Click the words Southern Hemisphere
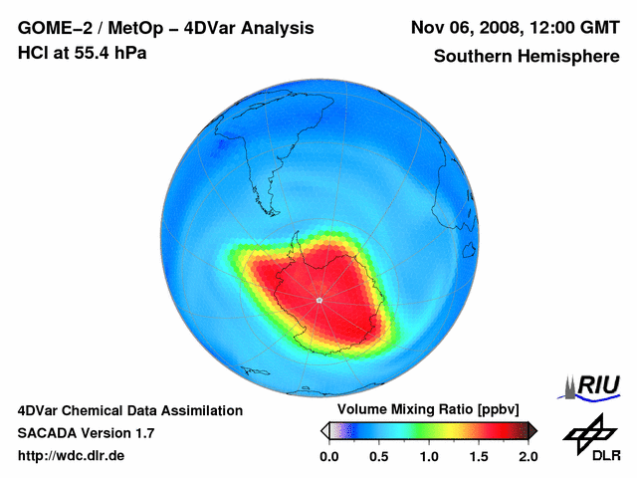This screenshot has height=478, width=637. point(527,56)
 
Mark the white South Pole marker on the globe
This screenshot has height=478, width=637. point(319,299)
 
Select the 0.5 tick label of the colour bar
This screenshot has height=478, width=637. point(378,457)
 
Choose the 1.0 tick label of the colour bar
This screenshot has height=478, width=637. point(428,457)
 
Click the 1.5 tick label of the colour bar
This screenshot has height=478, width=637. point(478,457)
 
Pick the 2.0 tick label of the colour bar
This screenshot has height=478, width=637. point(528,457)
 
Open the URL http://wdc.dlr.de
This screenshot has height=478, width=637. point(72,456)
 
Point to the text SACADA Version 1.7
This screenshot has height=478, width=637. point(86,433)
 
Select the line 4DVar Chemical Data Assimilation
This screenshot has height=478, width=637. point(130,410)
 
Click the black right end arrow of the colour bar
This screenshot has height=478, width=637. point(532,430)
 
